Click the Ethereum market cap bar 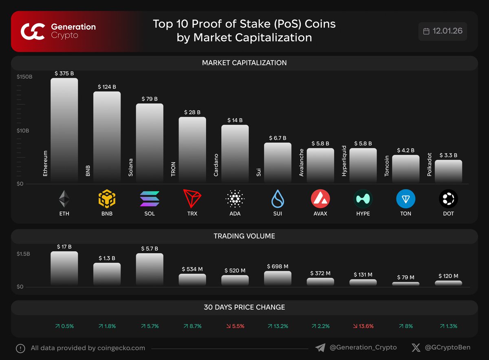(64, 130)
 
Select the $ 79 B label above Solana (150, 99)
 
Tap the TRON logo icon (192, 199)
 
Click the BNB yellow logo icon (107, 199)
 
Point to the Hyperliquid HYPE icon (363, 199)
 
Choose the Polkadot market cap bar (448, 171)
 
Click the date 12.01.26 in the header (447, 31)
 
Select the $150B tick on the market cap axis (24, 77)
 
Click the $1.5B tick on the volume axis (23, 254)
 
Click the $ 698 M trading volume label (278, 266)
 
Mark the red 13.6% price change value (363, 326)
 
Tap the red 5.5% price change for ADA (235, 326)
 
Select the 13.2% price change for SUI (278, 326)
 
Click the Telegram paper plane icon (320, 348)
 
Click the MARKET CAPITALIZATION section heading (244, 63)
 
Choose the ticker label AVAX (320, 214)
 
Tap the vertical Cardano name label (216, 165)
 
